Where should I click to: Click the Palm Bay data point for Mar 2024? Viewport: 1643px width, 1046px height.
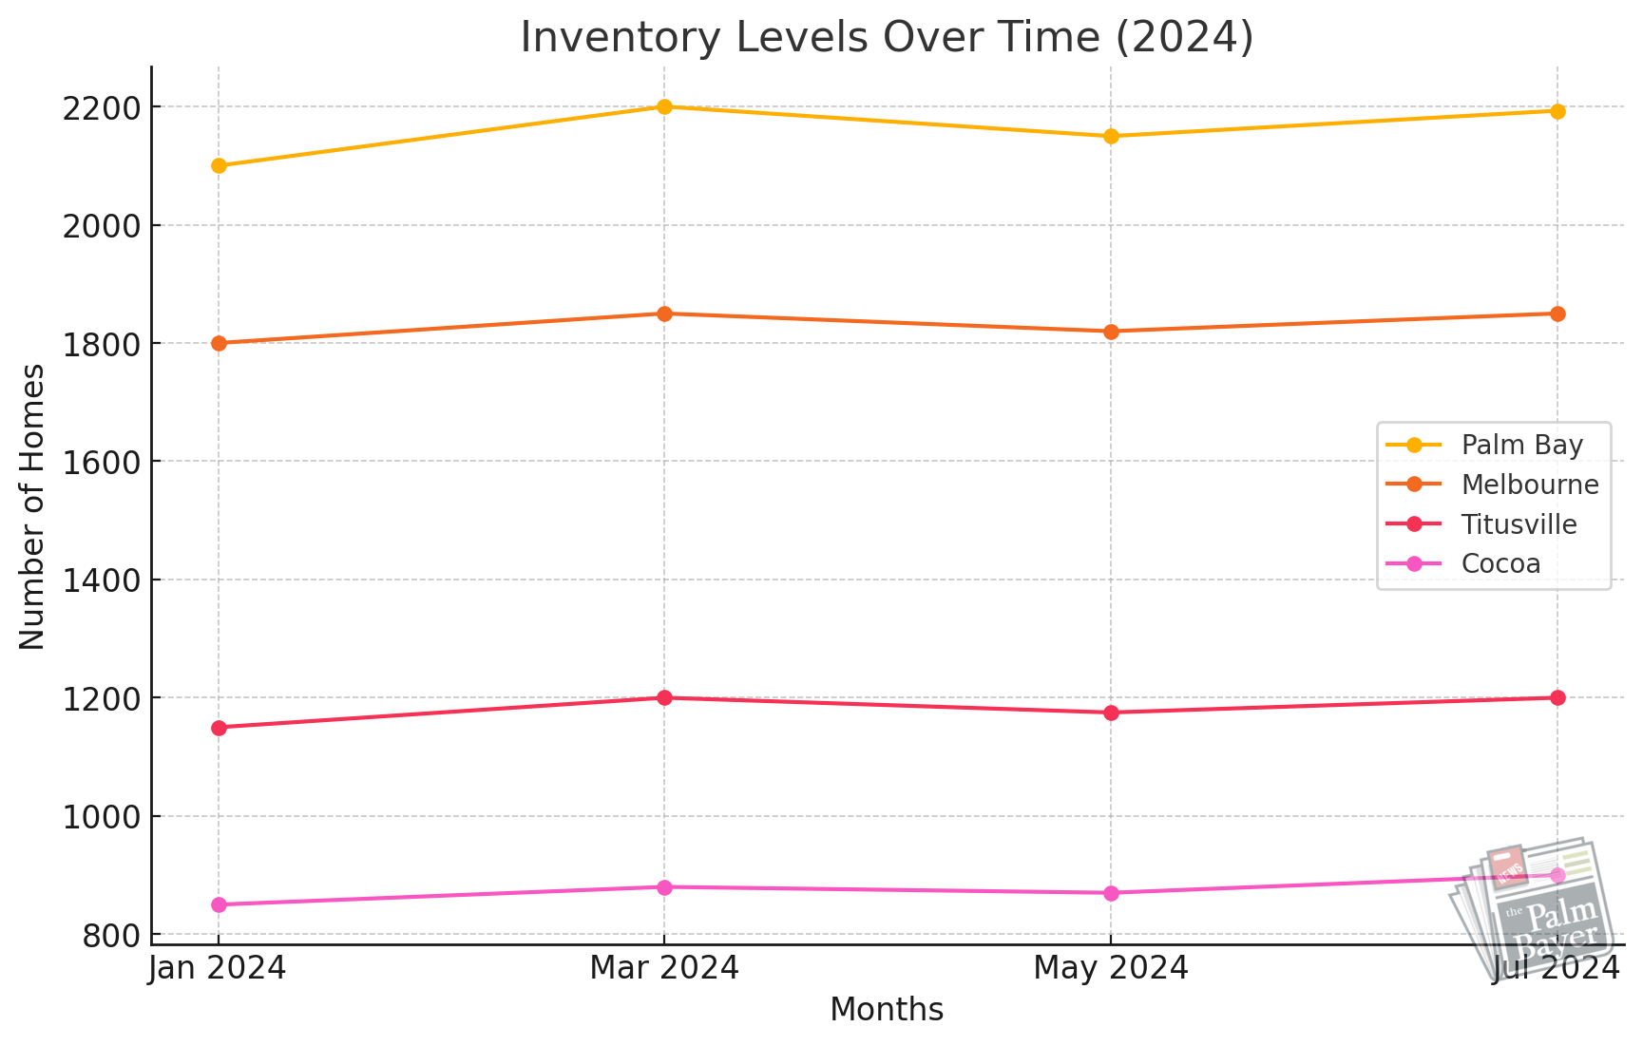coord(664,106)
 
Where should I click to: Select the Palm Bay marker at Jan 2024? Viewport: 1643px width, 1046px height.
coord(219,165)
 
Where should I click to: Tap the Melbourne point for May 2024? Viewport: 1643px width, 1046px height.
coord(1111,332)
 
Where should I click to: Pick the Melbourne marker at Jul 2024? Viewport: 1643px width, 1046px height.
coord(1557,314)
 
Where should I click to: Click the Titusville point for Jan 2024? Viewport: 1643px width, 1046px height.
coord(219,728)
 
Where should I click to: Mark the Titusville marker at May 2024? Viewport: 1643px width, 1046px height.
coord(1111,713)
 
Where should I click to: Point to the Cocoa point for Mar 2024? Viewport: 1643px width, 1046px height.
coord(664,887)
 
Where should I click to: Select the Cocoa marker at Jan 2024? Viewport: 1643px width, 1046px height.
coord(219,904)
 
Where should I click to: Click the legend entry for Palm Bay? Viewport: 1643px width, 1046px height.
coord(1521,445)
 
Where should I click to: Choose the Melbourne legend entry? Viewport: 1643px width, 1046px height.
coord(1529,485)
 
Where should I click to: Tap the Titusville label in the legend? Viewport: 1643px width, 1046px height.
coord(1518,524)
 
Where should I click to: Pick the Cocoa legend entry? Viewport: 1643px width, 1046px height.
coord(1500,564)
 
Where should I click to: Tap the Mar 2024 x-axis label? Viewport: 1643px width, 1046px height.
coord(664,968)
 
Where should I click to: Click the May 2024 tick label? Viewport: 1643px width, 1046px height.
coord(1111,968)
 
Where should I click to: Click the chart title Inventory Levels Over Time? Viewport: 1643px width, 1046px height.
coord(887,38)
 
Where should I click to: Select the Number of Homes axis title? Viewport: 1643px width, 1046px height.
coord(32,506)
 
